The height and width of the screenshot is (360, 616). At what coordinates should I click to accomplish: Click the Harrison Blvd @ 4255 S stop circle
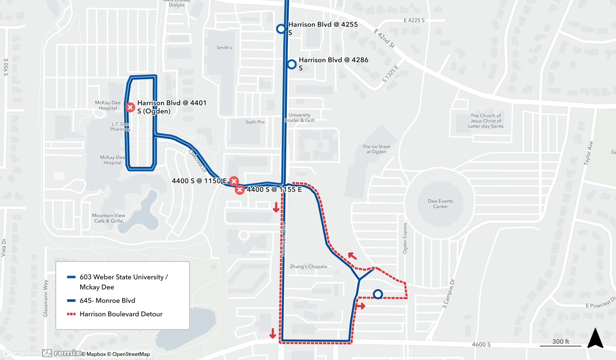[281, 29]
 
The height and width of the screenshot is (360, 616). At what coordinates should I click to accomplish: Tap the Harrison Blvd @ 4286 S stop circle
[292, 64]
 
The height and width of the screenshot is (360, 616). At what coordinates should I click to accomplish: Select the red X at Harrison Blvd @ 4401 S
[130, 107]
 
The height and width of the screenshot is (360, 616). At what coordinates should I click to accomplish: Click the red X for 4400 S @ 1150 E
[234, 181]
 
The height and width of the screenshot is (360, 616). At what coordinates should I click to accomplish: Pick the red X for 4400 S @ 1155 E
[240, 190]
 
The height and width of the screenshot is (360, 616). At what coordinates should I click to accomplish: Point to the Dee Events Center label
[440, 204]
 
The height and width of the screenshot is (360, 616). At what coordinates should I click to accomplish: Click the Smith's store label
[224, 48]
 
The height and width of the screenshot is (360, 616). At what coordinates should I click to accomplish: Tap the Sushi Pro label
[255, 122]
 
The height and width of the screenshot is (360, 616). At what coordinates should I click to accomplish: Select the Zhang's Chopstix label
[308, 267]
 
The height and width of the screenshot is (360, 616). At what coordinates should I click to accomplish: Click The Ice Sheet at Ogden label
[376, 149]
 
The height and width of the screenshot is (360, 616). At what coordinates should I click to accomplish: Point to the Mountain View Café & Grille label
[108, 218]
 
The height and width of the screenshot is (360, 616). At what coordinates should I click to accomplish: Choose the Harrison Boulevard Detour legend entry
[121, 314]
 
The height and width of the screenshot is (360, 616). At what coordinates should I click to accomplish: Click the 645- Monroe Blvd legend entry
[107, 301]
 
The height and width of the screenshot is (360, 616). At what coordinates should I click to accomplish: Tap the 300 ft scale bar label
[560, 342]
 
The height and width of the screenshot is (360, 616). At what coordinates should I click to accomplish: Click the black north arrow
[595, 338]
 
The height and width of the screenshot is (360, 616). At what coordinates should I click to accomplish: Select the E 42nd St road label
[384, 38]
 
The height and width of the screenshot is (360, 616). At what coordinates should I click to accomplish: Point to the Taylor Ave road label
[588, 153]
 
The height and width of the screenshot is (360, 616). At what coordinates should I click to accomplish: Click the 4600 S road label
[481, 345]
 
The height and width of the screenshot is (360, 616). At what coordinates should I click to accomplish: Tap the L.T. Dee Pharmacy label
[120, 127]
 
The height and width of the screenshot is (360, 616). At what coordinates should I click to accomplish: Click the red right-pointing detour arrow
[360, 306]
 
